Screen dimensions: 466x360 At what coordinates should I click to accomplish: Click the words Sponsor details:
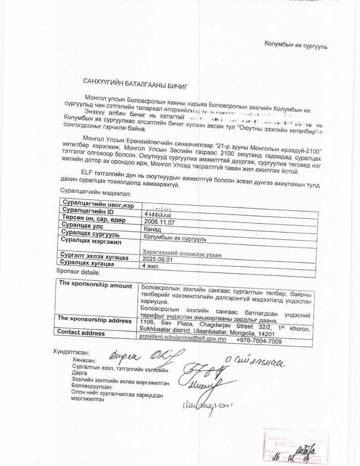tap(77, 272)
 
